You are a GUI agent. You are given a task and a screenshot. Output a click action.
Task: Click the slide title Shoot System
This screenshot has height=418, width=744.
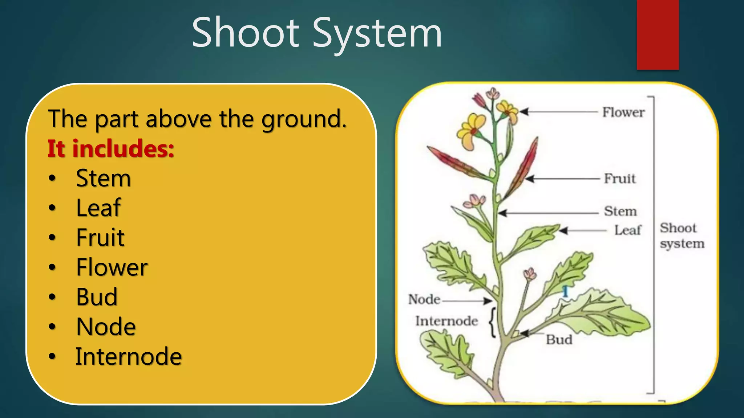(x=317, y=33)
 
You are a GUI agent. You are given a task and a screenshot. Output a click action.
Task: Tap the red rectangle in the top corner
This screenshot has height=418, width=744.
(x=658, y=34)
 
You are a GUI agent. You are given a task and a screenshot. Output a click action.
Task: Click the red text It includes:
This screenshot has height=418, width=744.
(x=111, y=149)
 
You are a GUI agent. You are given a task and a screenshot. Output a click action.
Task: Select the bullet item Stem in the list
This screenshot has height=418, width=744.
(x=103, y=178)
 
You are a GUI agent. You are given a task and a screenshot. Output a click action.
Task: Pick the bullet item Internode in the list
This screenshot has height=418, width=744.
(x=128, y=356)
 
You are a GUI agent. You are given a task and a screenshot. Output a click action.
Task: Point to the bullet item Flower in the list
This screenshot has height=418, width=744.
(x=112, y=267)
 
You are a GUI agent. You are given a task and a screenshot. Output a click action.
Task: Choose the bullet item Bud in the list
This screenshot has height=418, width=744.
(x=97, y=297)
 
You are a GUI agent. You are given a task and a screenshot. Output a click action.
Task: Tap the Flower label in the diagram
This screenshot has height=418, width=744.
(x=623, y=112)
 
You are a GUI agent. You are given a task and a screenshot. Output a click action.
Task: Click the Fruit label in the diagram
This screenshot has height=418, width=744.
(x=620, y=179)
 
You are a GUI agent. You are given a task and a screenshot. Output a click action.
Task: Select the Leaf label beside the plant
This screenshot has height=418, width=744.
(x=628, y=230)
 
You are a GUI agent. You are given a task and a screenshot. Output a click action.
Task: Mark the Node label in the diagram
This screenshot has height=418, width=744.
(x=424, y=300)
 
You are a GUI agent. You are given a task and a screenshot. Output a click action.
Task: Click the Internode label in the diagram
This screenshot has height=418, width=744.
(x=446, y=321)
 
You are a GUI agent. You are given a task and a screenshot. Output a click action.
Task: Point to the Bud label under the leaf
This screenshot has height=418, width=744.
(x=559, y=340)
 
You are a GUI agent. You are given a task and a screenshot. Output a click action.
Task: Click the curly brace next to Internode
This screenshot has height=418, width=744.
(x=493, y=322)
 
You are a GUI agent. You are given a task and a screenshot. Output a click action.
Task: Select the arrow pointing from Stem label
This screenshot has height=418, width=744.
(x=549, y=213)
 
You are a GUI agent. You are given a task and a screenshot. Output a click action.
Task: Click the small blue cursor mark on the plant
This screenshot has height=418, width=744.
(x=565, y=291)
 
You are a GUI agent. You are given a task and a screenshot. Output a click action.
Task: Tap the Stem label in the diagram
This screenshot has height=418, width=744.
(x=620, y=211)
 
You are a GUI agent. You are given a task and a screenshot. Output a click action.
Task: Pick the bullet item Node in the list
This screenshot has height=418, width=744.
(x=106, y=327)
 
